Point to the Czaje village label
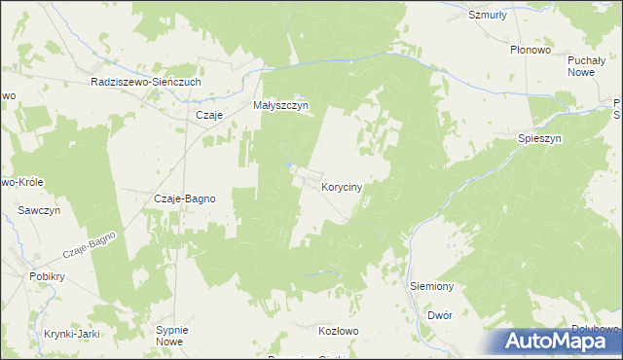point(210,115)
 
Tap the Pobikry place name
point(46,275)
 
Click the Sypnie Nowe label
point(170,336)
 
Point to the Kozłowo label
point(339,331)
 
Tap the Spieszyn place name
point(539,139)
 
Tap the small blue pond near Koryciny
point(289,165)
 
